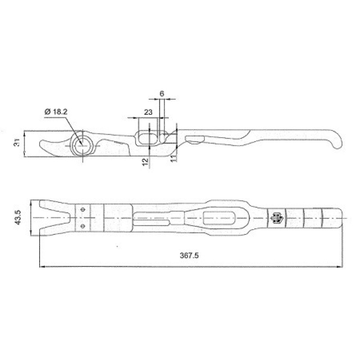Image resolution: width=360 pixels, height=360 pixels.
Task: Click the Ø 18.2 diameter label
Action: click(56, 112)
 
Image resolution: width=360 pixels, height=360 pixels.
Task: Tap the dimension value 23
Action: click(148, 112)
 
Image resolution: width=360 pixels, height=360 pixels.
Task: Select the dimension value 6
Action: click(162, 94)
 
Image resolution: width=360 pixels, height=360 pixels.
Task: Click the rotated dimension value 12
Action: click(145, 162)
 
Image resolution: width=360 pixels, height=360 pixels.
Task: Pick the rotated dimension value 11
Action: click(174, 158)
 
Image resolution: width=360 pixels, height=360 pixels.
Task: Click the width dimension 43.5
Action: click(18, 217)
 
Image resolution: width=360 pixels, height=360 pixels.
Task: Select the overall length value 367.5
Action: click(189, 255)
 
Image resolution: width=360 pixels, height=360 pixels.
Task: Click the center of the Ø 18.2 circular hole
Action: click(82, 145)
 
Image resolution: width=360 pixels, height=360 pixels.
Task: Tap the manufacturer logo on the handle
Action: click(277, 217)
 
